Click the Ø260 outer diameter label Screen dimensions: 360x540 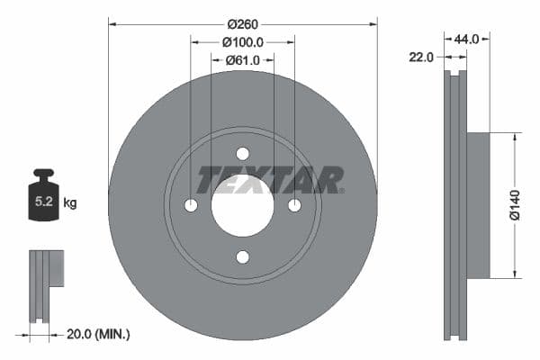[x=242, y=23]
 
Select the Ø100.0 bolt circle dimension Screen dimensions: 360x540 [x=242, y=41]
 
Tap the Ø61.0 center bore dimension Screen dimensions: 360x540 [x=242, y=59]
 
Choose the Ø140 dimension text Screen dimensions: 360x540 [x=515, y=205]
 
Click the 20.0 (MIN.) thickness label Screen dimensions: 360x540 [x=98, y=334]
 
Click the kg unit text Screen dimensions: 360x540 [x=70, y=203]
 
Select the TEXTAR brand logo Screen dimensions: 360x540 [x=270, y=180]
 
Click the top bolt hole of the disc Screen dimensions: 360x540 [x=242, y=154]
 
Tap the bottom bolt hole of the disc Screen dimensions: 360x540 [x=242, y=257]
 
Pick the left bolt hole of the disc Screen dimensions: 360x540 [x=191, y=205]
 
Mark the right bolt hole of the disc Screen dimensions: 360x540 [x=294, y=205]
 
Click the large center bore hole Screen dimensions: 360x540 [x=242, y=205]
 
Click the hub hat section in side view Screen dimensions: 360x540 [x=478, y=205]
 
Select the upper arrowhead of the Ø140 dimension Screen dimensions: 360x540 [x=515, y=138]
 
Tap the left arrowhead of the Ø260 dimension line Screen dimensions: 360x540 [x=112, y=23]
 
